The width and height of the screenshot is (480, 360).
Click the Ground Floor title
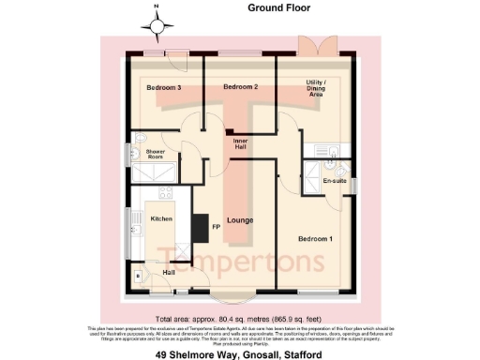pyautogui.click(x=278, y=7)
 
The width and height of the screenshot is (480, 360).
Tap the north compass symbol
pyautogui.click(x=157, y=21)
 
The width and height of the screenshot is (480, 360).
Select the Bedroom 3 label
pyautogui.click(x=163, y=87)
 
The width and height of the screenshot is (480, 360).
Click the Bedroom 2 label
pyautogui.click(x=240, y=87)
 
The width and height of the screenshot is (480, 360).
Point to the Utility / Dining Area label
pyautogui.click(x=315, y=89)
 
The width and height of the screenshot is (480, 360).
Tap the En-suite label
pyautogui.click(x=335, y=180)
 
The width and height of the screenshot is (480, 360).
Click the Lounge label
pyautogui.click(x=239, y=220)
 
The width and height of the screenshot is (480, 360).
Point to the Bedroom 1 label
pyautogui.click(x=315, y=239)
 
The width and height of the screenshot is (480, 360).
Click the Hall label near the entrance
pyautogui.click(x=169, y=272)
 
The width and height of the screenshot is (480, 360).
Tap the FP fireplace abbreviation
pyautogui.click(x=216, y=227)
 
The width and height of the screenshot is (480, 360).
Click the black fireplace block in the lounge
pyautogui.click(x=200, y=227)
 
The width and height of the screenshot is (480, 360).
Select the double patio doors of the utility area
pyautogui.click(x=312, y=45)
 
